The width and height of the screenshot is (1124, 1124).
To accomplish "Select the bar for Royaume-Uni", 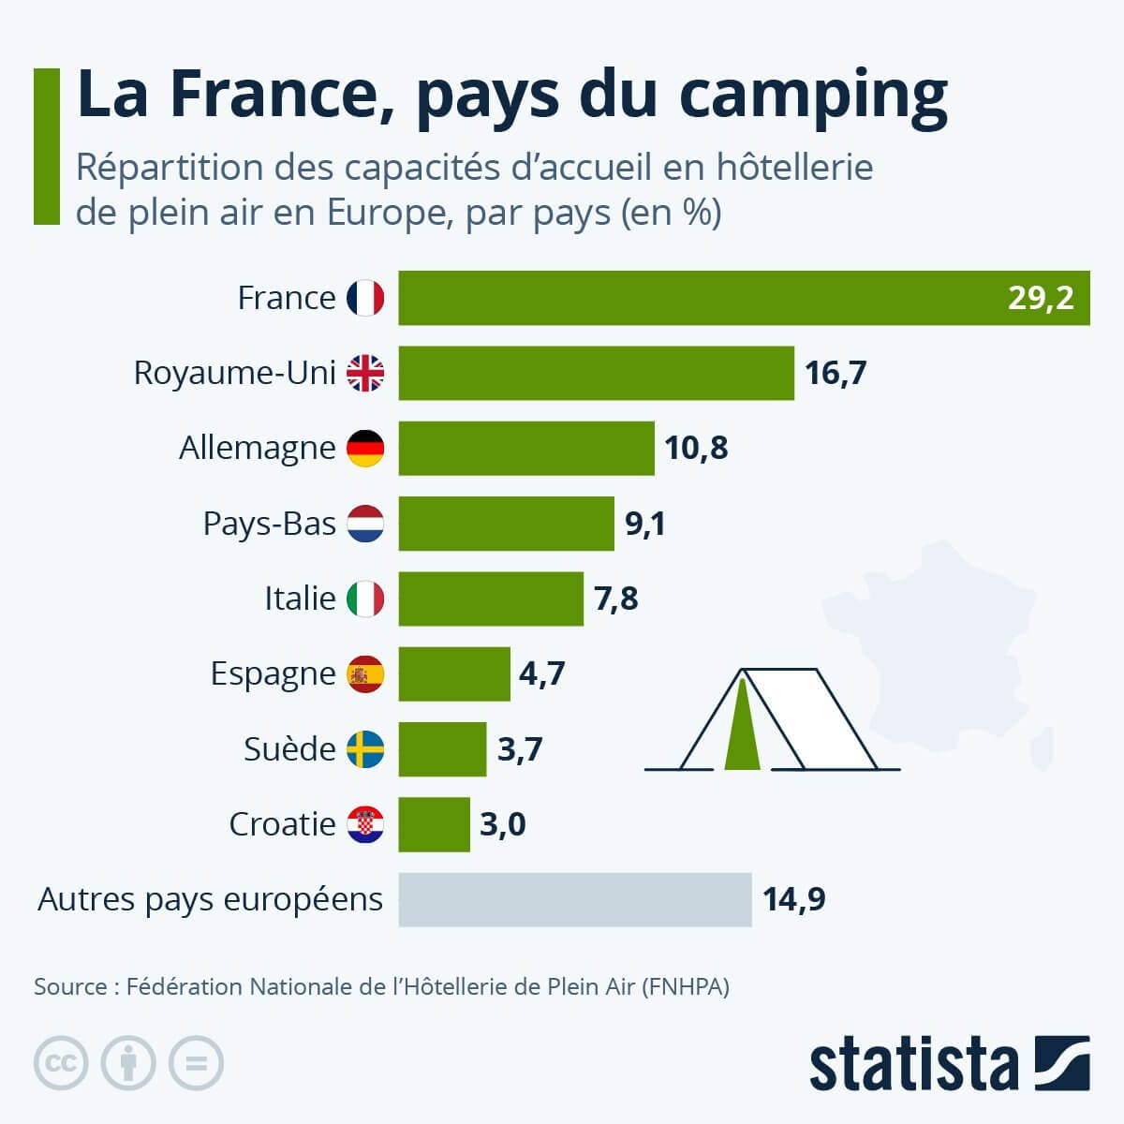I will (x=596, y=373).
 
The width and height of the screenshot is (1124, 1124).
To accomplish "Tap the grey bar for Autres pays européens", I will (x=574, y=899).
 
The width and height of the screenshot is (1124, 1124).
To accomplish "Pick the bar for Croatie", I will (x=434, y=824).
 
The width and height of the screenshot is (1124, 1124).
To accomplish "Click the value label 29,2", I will (x=1041, y=298).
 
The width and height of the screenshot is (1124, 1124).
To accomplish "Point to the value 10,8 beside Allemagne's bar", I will (x=696, y=448).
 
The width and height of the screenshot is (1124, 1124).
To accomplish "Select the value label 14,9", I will (x=793, y=899).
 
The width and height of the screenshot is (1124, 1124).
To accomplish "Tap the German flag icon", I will (x=365, y=448).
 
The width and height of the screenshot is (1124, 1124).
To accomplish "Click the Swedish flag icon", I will (x=365, y=749).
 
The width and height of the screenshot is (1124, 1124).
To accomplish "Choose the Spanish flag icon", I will (x=365, y=674).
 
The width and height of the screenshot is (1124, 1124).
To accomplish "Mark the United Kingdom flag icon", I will (x=365, y=373).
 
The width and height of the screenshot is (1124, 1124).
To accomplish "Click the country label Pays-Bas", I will (x=269, y=523).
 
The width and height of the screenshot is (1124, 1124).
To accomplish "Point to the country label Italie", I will (x=300, y=598).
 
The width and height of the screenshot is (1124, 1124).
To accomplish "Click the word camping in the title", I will (x=812, y=96).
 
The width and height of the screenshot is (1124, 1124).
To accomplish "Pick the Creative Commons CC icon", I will (x=61, y=1063).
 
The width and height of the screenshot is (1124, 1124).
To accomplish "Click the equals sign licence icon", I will (x=196, y=1063).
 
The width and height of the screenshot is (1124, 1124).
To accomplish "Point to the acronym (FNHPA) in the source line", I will (x=686, y=986).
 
